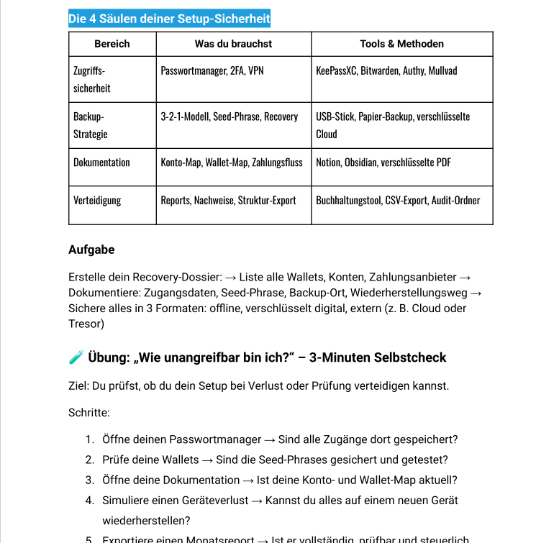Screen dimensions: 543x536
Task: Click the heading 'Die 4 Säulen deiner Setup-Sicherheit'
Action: [169, 19]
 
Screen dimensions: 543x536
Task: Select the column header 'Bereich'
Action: [112, 44]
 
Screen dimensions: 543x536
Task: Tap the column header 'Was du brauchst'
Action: [233, 44]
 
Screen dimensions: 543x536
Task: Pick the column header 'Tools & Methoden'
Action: [401, 44]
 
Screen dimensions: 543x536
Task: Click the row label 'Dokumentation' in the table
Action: [101, 163]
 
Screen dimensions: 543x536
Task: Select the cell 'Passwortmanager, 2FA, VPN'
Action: [212, 71]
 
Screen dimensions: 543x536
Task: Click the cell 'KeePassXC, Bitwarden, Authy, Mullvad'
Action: [386, 71]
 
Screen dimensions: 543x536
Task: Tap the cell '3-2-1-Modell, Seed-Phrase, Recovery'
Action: [229, 117]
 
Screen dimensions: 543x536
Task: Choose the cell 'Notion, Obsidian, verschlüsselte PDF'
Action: [383, 163]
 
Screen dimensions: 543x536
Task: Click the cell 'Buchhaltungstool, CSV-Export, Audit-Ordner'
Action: [398, 201]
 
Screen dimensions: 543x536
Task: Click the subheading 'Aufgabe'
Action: [91, 250]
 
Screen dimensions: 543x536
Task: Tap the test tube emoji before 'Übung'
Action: [76, 357]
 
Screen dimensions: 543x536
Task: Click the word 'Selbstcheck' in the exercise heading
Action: [412, 357]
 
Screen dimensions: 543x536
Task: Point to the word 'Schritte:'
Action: [89, 413]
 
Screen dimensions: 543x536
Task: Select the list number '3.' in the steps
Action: [90, 480]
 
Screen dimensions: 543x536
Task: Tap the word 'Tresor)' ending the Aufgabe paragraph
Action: [86, 324]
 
